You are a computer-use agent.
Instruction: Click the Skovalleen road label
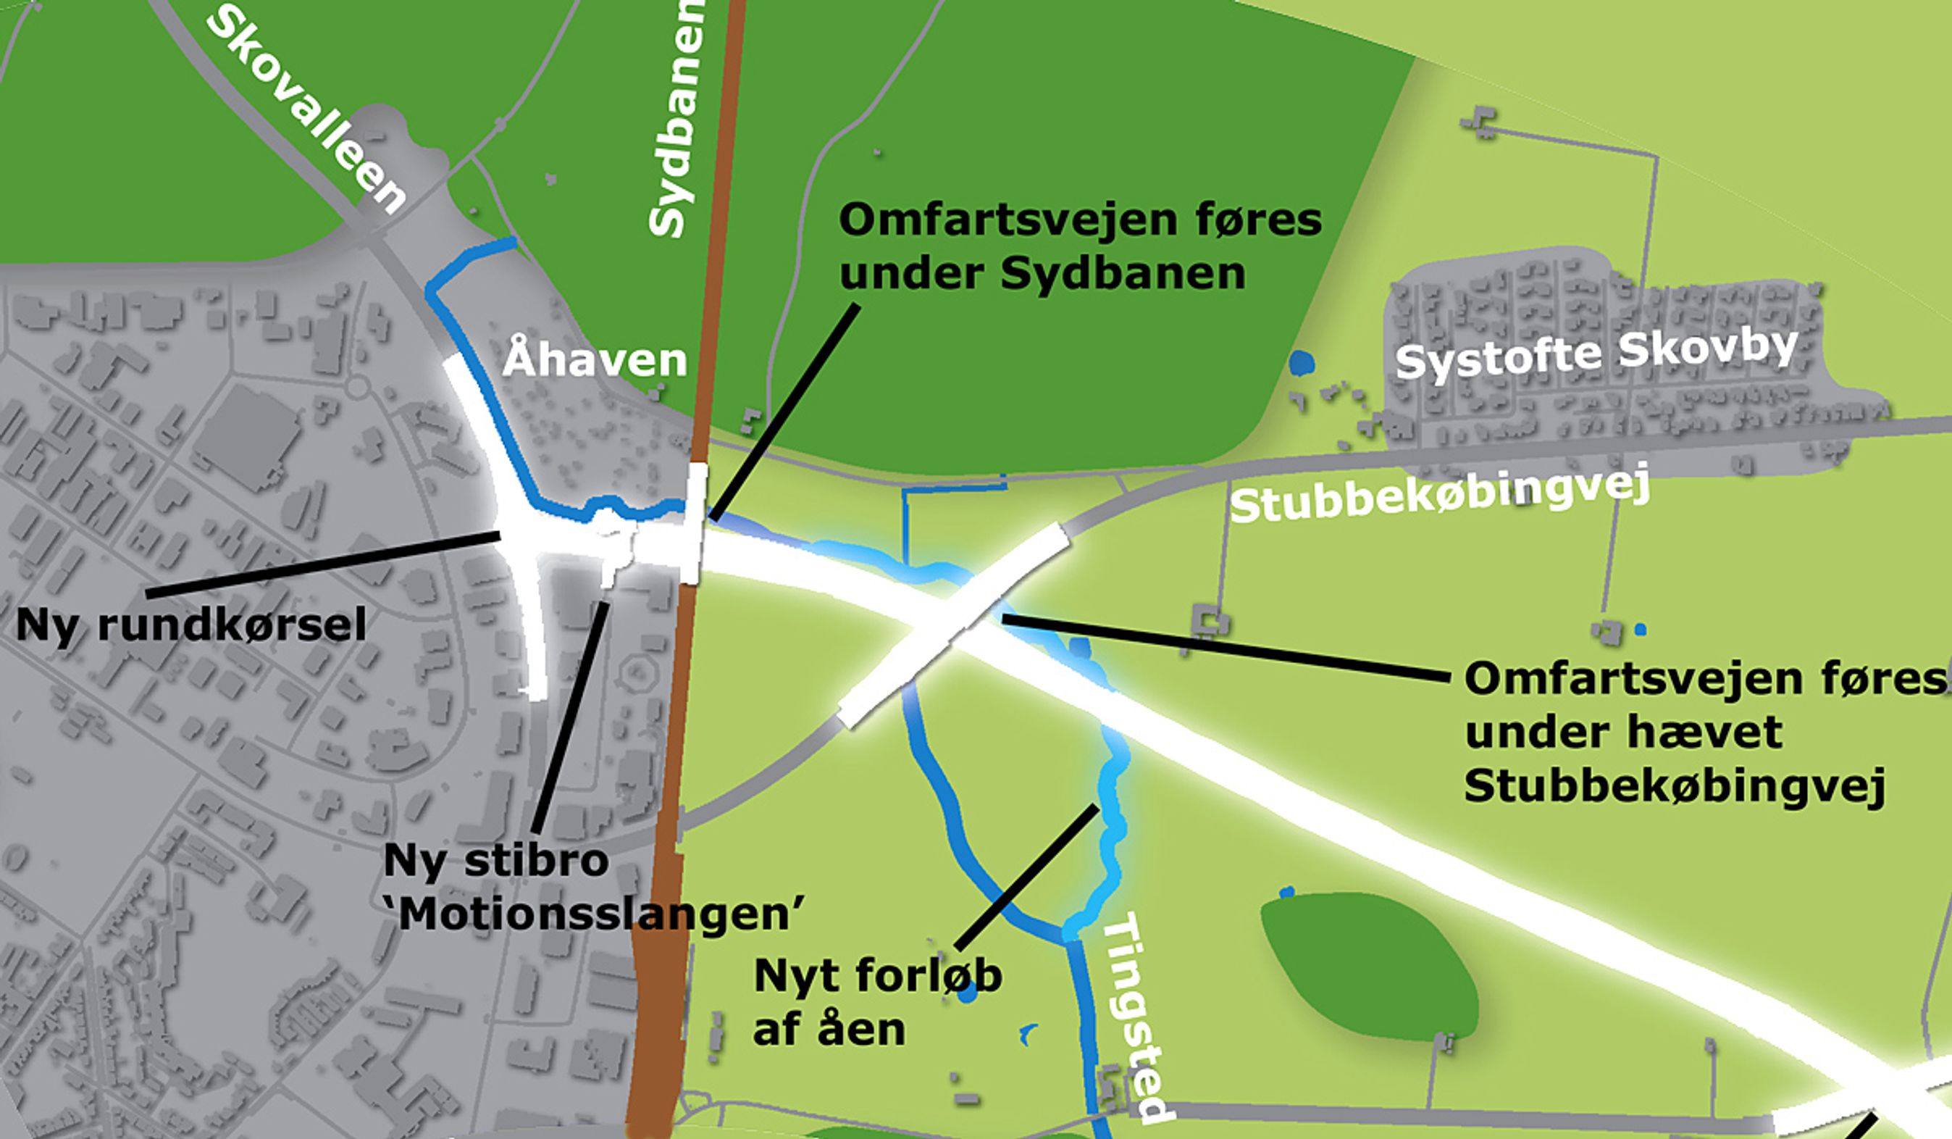(306, 112)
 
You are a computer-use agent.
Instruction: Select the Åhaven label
(595, 360)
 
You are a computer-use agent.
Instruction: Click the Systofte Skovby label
(1596, 353)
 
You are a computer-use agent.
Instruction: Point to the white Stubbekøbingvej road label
(1441, 496)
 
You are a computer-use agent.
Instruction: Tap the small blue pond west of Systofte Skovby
(1302, 362)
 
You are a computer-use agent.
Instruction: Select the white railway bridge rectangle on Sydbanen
(695, 523)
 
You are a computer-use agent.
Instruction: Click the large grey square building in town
(246, 437)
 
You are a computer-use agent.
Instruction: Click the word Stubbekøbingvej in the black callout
(1673, 786)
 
